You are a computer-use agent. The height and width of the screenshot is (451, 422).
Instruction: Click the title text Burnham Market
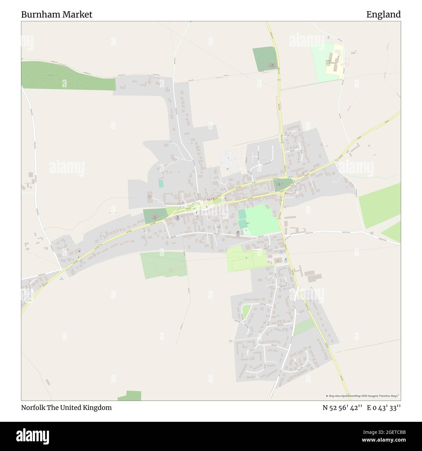(57, 15)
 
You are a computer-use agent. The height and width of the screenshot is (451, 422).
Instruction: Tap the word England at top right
(383, 15)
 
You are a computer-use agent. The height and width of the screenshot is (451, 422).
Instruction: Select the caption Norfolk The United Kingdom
(66, 408)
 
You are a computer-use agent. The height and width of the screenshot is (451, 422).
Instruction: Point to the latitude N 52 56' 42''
(342, 408)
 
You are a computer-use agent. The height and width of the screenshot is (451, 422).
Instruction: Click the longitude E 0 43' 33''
(384, 408)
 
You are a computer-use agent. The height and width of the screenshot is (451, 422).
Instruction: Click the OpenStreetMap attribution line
(363, 396)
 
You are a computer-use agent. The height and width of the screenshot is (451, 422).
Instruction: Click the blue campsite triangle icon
(61, 278)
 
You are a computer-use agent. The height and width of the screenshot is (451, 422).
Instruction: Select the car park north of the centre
(229, 160)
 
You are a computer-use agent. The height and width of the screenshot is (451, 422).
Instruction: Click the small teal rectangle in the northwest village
(161, 184)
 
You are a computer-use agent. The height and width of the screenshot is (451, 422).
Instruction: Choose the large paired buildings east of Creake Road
(313, 277)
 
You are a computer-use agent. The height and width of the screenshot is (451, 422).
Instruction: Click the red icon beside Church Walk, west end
(80, 251)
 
